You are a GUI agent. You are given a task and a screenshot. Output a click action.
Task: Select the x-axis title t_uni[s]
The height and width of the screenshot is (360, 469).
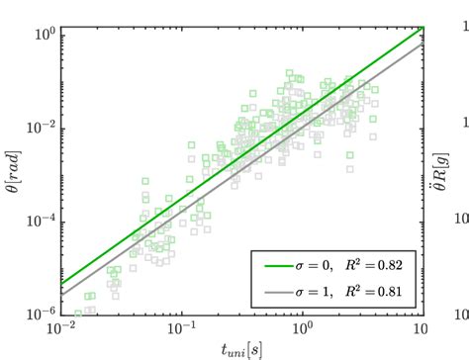241,348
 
